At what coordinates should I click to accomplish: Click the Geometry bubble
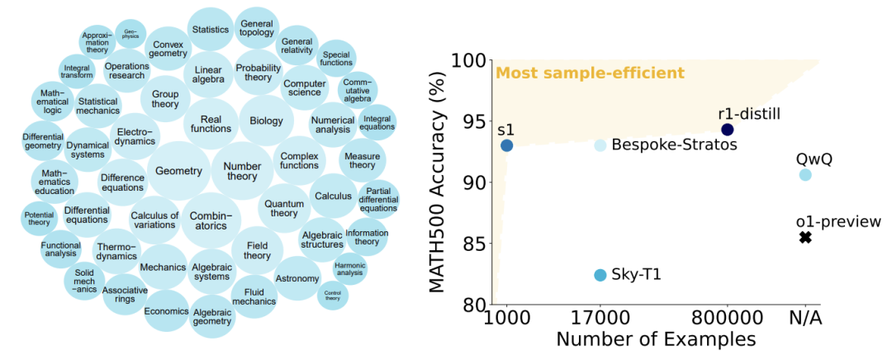point(178,171)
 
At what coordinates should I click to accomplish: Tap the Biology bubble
point(261,121)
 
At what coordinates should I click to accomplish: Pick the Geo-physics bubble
point(130,33)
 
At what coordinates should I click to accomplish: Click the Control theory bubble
point(333,295)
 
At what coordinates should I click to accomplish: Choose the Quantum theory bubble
point(284,207)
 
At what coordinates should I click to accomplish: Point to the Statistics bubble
point(210,30)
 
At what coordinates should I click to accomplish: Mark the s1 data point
point(507,145)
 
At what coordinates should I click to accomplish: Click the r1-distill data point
point(727,130)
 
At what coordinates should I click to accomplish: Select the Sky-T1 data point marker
point(600,275)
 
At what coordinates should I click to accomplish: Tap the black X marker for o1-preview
point(805,238)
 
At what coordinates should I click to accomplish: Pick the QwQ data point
point(805,175)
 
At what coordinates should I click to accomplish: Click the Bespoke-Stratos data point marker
point(600,145)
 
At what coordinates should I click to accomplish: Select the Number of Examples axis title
point(656,340)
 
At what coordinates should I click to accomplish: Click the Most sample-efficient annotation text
point(590,73)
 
